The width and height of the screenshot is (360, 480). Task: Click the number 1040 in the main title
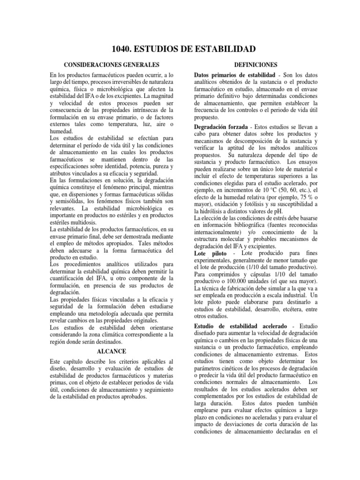[x=123, y=49]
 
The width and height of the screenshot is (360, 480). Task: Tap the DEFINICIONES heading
[x=255, y=64]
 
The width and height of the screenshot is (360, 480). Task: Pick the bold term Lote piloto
[x=209, y=253]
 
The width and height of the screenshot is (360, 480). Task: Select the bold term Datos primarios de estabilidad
[x=234, y=75]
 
